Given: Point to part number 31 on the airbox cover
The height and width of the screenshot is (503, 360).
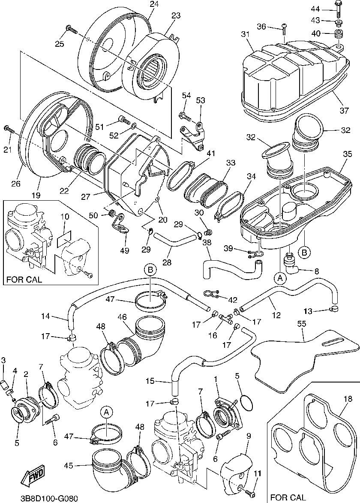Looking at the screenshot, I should point(245,35).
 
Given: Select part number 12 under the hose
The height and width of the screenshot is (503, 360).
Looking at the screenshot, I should point(276,316).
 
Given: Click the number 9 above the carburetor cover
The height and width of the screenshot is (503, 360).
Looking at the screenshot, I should point(248,437).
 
